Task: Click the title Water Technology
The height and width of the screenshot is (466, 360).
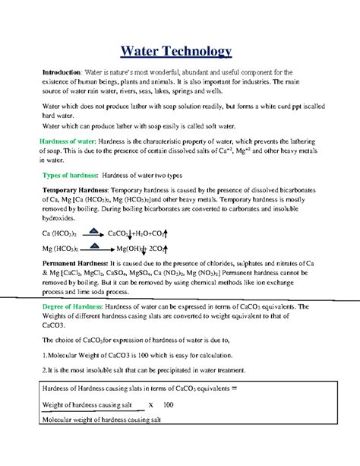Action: click(x=179, y=52)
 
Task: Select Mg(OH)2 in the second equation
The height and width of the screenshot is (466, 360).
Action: click(x=129, y=248)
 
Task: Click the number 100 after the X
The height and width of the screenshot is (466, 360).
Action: click(x=168, y=404)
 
